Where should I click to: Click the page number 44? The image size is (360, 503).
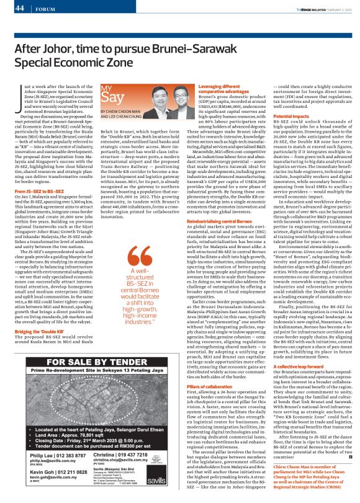pos(18,8)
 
